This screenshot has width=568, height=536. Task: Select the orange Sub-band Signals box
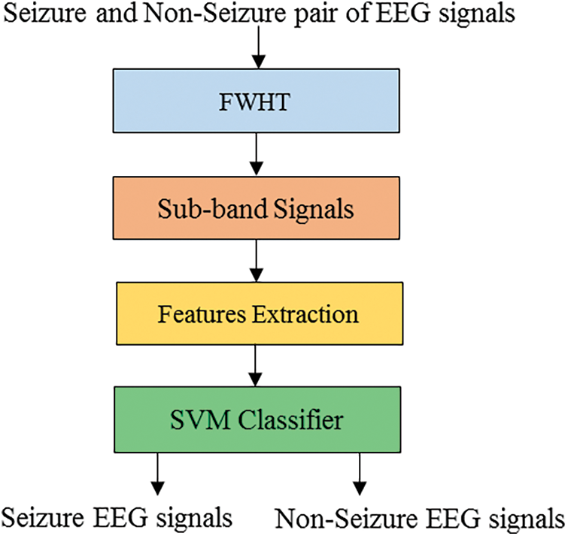[258, 210]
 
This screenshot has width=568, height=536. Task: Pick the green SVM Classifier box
[258, 418]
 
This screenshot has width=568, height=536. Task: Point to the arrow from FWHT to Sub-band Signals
[258, 156]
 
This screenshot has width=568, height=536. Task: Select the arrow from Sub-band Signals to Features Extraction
[258, 260]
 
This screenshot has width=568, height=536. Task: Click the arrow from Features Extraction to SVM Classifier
[258, 365]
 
